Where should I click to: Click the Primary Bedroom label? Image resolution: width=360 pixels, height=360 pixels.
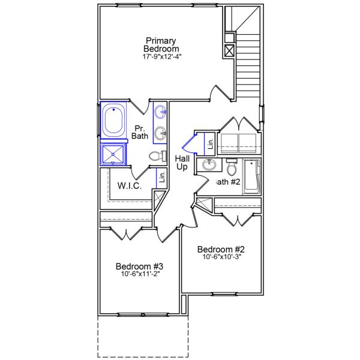pyautogui.click(x=161, y=44)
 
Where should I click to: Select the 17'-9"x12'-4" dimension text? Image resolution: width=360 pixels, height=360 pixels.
pyautogui.click(x=161, y=57)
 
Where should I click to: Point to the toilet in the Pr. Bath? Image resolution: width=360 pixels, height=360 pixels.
pyautogui.click(x=157, y=157)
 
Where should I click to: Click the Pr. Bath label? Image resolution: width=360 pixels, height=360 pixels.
pyautogui.click(x=140, y=132)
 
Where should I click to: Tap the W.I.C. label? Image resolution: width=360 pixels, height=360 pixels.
pyautogui.click(x=129, y=185)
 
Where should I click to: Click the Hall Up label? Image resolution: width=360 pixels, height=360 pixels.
pyautogui.click(x=182, y=163)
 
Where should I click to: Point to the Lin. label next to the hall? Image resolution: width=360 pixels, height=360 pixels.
pyautogui.click(x=210, y=143)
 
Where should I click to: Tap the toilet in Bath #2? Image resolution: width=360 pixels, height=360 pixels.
pyautogui.click(x=232, y=166)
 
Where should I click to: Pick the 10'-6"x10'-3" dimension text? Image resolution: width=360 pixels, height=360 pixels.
pyautogui.click(x=221, y=258)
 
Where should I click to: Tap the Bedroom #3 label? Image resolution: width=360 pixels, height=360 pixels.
pyautogui.click(x=140, y=266)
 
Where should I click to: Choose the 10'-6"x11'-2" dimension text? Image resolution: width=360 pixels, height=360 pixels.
pyautogui.click(x=140, y=275)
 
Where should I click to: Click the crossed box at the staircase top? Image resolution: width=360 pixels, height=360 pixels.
pyautogui.click(x=229, y=50)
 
